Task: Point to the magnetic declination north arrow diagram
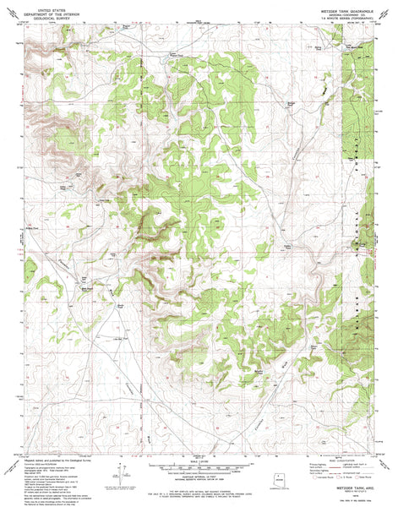point(120,477)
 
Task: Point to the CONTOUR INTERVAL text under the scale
point(199,472)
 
